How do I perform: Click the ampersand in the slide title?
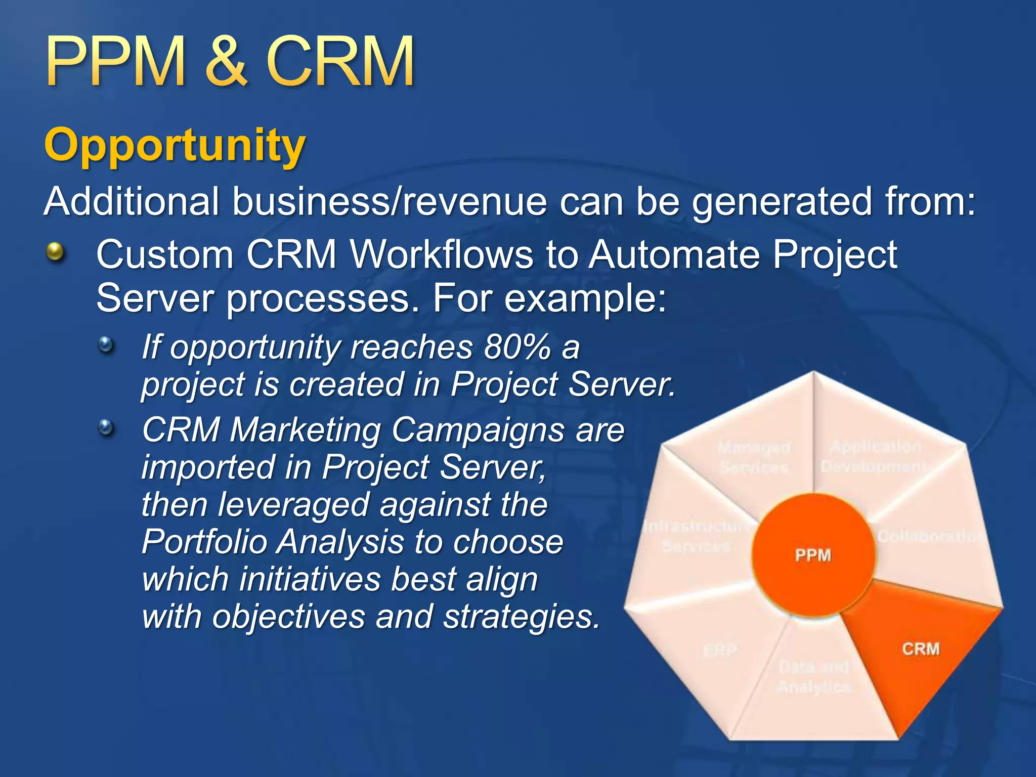tap(226, 62)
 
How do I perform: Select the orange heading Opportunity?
tap(175, 145)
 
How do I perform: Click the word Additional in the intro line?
tap(132, 201)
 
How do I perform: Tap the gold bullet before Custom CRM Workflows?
tap(56, 252)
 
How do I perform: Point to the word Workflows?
tap(441, 254)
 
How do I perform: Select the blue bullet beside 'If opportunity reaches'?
tap(106, 346)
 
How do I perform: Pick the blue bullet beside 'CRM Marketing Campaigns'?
tap(106, 428)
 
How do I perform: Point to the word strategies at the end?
tap(521, 617)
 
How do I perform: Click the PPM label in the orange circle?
tap(813, 555)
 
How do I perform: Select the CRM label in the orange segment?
tap(920, 649)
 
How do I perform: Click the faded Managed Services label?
tap(754, 457)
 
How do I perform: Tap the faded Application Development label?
tap(875, 456)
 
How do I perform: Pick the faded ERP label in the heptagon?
tap(720, 650)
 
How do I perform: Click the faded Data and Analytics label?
tap(813, 677)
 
